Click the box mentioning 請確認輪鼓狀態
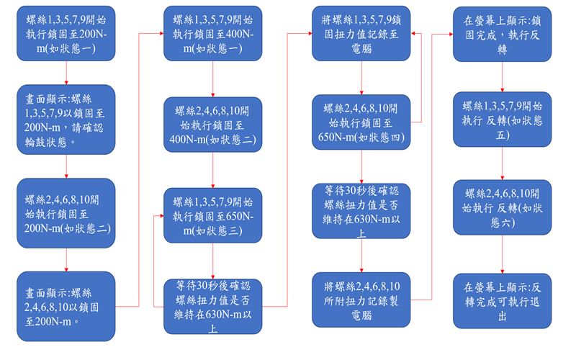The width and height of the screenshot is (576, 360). click(x=66, y=120)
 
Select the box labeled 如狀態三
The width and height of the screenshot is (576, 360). click(x=212, y=215)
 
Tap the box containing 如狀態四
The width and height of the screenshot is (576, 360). click(x=361, y=122)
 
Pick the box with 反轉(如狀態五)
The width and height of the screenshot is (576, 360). click(x=502, y=120)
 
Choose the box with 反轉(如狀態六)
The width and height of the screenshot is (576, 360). click(x=502, y=207)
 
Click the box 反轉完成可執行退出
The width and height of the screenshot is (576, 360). click(x=502, y=301)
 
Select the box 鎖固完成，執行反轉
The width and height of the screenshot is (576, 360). click(x=502, y=34)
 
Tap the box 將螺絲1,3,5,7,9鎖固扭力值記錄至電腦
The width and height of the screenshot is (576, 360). click(x=361, y=33)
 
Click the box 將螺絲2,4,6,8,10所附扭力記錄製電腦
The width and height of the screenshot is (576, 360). click(x=361, y=300)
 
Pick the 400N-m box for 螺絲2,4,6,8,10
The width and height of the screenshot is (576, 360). click(x=212, y=125)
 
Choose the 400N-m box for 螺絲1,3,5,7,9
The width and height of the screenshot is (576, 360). click(x=212, y=33)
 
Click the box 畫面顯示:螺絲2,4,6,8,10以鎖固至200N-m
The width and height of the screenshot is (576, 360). click(x=66, y=307)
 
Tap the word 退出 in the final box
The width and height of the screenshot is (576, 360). click(x=502, y=316)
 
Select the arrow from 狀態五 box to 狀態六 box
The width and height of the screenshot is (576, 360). click(x=502, y=163)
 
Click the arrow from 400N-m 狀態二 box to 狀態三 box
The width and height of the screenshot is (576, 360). click(x=212, y=170)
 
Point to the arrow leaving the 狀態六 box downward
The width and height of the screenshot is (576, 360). click(x=502, y=254)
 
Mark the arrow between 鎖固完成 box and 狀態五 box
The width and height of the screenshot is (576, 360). click(x=502, y=77)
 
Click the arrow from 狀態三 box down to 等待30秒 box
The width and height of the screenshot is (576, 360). click(x=212, y=261)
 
